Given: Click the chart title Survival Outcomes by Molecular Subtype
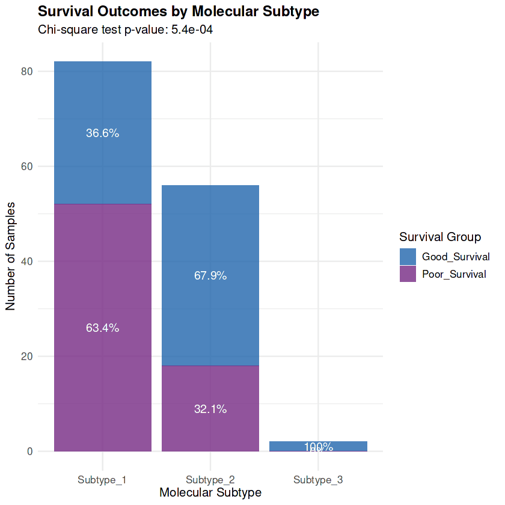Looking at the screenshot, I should (178, 11).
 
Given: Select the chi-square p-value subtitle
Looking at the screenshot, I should (126, 29).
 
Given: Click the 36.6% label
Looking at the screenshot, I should (102, 133).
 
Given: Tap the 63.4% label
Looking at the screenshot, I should (102, 328).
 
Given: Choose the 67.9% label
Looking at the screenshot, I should (210, 276).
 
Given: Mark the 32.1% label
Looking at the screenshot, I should (210, 409).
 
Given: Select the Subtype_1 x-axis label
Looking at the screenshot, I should (102, 480).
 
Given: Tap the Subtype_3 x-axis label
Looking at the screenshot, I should (318, 480).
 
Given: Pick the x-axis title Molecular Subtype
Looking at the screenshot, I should (210, 492).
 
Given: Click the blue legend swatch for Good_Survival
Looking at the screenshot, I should (408, 257).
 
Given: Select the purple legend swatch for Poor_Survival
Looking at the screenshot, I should (408, 274).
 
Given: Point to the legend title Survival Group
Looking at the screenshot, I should (440, 237).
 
